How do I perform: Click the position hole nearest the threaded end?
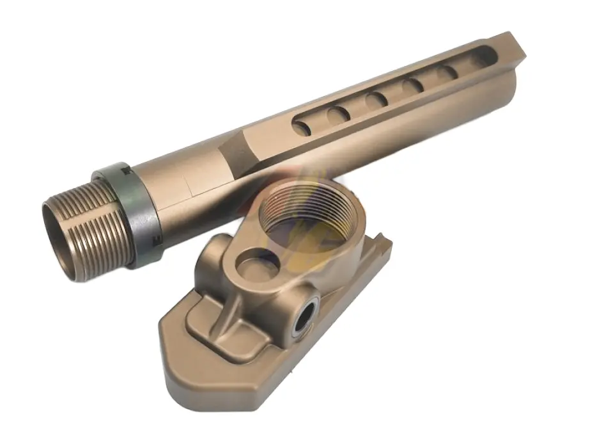coord(302,127)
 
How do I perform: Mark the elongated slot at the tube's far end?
coord(485,60)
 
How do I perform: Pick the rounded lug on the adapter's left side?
coord(214,250)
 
